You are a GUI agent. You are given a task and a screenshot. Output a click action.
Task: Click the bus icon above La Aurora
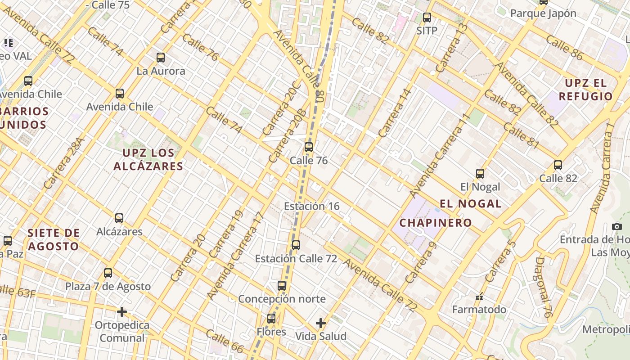(161, 58)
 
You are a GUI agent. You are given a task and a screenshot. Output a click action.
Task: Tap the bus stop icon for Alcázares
(119, 218)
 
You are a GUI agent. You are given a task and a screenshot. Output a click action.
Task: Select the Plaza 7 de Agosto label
(108, 286)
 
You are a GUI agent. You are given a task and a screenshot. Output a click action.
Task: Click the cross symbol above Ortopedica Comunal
(121, 311)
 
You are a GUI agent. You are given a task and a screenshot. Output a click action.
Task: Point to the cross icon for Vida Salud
(320, 323)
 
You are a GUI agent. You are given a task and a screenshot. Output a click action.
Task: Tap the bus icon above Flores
(271, 319)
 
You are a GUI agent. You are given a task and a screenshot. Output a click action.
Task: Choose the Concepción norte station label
(282, 299)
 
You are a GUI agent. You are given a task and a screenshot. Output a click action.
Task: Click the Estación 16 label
(311, 206)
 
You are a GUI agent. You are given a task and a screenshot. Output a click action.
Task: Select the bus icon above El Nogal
(480, 173)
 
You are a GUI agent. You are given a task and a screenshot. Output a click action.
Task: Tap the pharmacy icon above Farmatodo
(479, 297)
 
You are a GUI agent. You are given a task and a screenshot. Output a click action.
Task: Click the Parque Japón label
(543, 13)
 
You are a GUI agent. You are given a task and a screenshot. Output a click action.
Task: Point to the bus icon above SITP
(427, 18)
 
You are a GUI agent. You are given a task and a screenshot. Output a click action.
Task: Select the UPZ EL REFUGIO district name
(585, 90)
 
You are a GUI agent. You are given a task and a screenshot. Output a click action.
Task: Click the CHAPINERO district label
(436, 222)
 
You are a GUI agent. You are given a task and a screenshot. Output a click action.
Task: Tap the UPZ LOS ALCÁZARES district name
(148, 160)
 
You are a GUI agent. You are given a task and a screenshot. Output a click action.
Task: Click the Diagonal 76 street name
(544, 288)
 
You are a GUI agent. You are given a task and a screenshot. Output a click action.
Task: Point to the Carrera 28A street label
(64, 163)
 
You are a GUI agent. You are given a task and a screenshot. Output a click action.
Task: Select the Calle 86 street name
(564, 47)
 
